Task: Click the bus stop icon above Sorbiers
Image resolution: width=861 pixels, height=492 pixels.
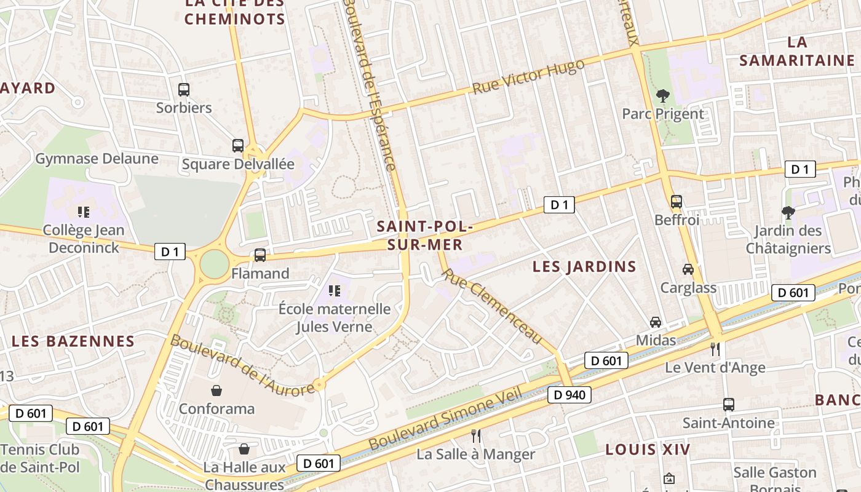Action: point(184,90)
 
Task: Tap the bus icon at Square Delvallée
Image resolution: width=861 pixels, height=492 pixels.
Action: point(238,146)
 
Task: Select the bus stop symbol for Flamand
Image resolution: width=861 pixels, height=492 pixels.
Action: point(260,255)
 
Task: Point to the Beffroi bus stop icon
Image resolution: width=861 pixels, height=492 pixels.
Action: point(676,201)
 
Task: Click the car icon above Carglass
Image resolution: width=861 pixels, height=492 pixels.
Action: point(688,269)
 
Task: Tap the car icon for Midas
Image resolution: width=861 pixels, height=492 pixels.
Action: point(656,322)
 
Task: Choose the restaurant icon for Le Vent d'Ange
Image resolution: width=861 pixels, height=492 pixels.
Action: point(715,349)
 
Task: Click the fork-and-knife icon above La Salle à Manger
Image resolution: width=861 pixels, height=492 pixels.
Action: point(475,436)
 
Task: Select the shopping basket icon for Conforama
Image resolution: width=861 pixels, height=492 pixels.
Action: point(216,391)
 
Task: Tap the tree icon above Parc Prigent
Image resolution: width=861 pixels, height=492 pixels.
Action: point(662,95)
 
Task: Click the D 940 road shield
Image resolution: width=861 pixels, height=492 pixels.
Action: point(569,395)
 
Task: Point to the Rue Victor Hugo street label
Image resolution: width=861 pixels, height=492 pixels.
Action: point(528,77)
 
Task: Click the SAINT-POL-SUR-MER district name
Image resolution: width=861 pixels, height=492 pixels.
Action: point(424,236)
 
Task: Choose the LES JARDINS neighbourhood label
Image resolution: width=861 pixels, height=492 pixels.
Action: point(584,266)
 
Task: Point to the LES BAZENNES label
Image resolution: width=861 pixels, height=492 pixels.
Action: point(73,341)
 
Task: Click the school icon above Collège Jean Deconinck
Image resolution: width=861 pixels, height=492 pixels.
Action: point(84,212)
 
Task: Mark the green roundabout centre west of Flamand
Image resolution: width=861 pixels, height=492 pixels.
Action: point(214,264)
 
